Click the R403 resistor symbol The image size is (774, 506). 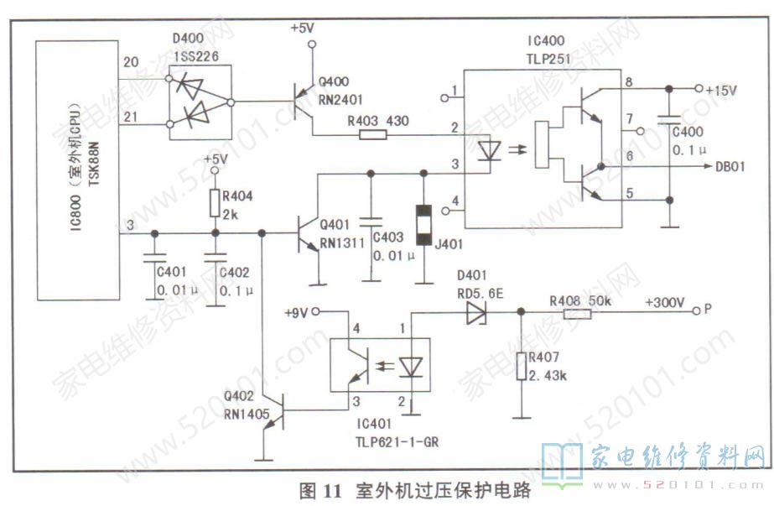pos(366,133)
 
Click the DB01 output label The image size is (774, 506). pos(730,168)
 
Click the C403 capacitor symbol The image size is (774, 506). pos(367,223)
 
